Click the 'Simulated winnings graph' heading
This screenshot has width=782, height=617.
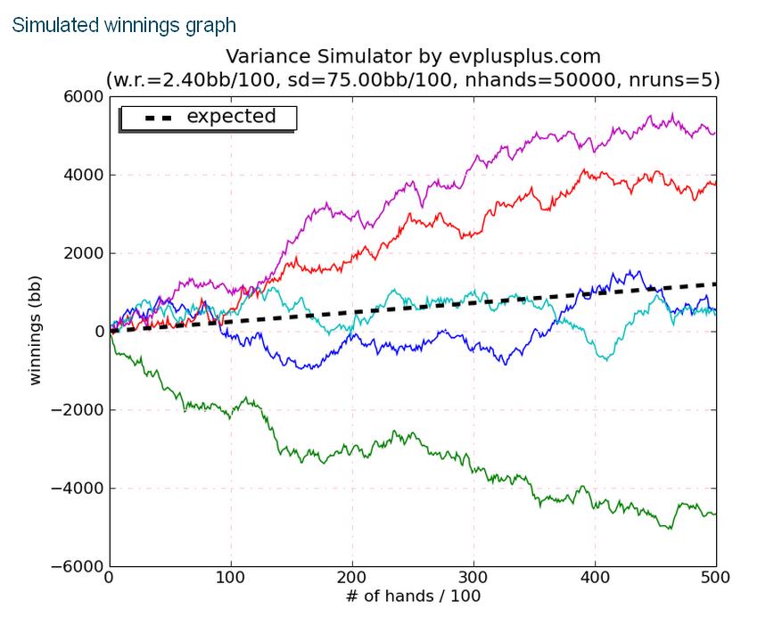click(124, 25)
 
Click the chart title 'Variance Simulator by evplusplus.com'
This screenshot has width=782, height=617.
click(413, 58)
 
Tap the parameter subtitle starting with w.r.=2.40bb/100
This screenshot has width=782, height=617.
click(413, 80)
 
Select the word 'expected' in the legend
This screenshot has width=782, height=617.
click(231, 117)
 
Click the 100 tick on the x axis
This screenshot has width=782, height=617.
click(231, 578)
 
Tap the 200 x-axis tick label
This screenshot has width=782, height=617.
click(352, 578)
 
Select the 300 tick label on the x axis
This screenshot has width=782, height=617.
click(473, 578)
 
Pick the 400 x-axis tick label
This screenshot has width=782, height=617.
click(595, 578)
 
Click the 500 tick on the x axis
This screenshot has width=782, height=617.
click(715, 578)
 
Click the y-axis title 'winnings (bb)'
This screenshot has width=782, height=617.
click(37, 332)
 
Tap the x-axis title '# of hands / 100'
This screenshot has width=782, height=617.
click(413, 596)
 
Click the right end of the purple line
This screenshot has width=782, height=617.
click(714, 133)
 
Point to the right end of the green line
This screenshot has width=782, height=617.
click(714, 514)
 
